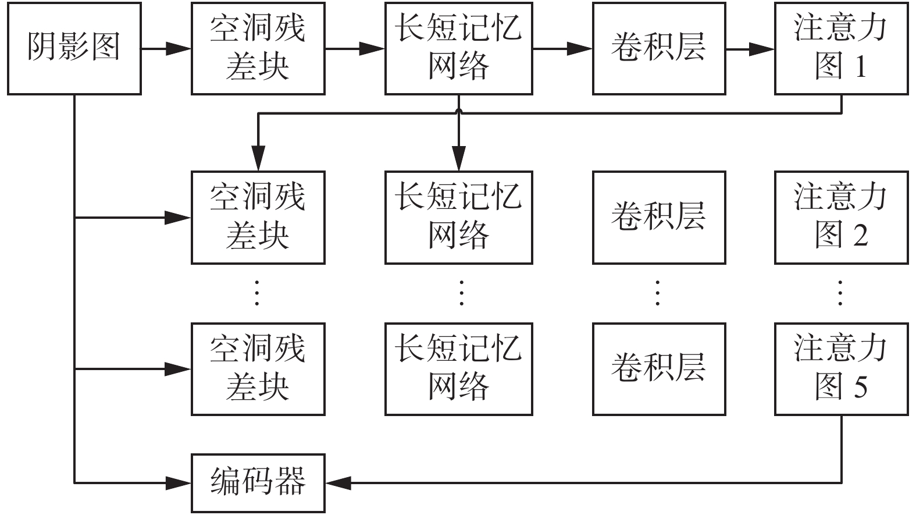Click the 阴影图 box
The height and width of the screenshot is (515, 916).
(74, 48)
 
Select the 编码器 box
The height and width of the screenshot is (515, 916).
(258, 483)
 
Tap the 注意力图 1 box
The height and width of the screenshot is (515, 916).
(841, 48)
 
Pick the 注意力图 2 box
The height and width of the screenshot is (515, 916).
(841, 217)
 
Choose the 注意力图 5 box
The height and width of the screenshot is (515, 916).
(841, 369)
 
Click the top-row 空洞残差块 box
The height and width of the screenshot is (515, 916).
(258, 48)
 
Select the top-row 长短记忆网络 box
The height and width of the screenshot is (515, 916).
(458, 48)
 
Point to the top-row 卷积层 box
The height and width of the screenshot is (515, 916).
(658, 48)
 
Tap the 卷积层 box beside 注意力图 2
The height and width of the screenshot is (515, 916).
(658, 217)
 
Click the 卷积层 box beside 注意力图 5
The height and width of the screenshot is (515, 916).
(658, 369)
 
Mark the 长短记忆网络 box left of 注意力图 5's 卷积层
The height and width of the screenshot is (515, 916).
(458, 369)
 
